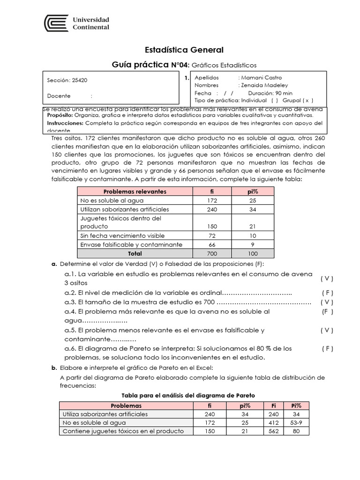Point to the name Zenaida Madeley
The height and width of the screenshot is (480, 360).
[264, 85]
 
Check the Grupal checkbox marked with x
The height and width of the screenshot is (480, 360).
[307, 100]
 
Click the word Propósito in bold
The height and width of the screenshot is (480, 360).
[60, 115]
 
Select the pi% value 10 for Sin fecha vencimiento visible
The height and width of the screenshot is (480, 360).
[253, 235]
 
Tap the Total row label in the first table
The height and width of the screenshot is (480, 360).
[135, 253]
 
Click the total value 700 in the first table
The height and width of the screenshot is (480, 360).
[212, 253]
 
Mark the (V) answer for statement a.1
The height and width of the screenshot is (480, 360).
[327, 278]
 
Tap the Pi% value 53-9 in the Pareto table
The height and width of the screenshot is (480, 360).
[296, 423]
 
